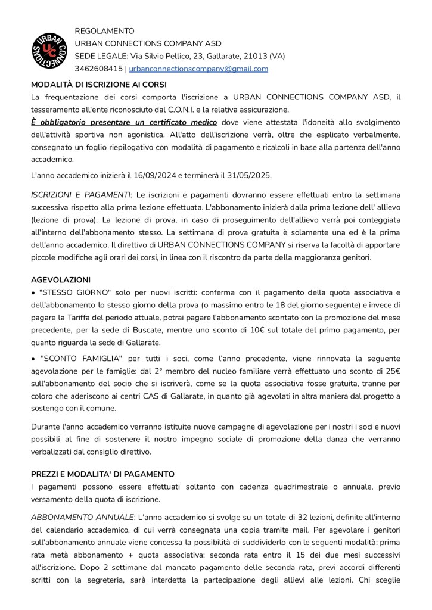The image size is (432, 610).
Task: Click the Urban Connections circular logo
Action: [x=49, y=49]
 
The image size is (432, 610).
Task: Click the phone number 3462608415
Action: [x=98, y=69]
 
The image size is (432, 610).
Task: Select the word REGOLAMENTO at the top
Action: [x=104, y=31]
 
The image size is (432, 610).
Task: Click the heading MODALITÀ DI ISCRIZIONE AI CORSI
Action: [x=99, y=84]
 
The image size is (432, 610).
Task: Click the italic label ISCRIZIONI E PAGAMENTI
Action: [x=81, y=195]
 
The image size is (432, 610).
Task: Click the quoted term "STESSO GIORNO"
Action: [x=71, y=292]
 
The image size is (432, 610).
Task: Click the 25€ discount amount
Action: [x=390, y=371]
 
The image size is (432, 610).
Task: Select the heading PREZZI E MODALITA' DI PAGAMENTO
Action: [x=102, y=474]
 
